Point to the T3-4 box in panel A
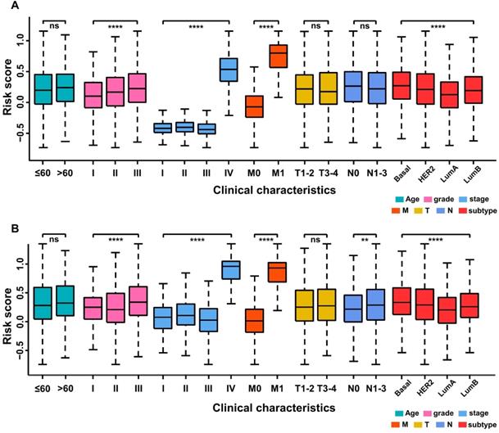pos(329,88)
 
